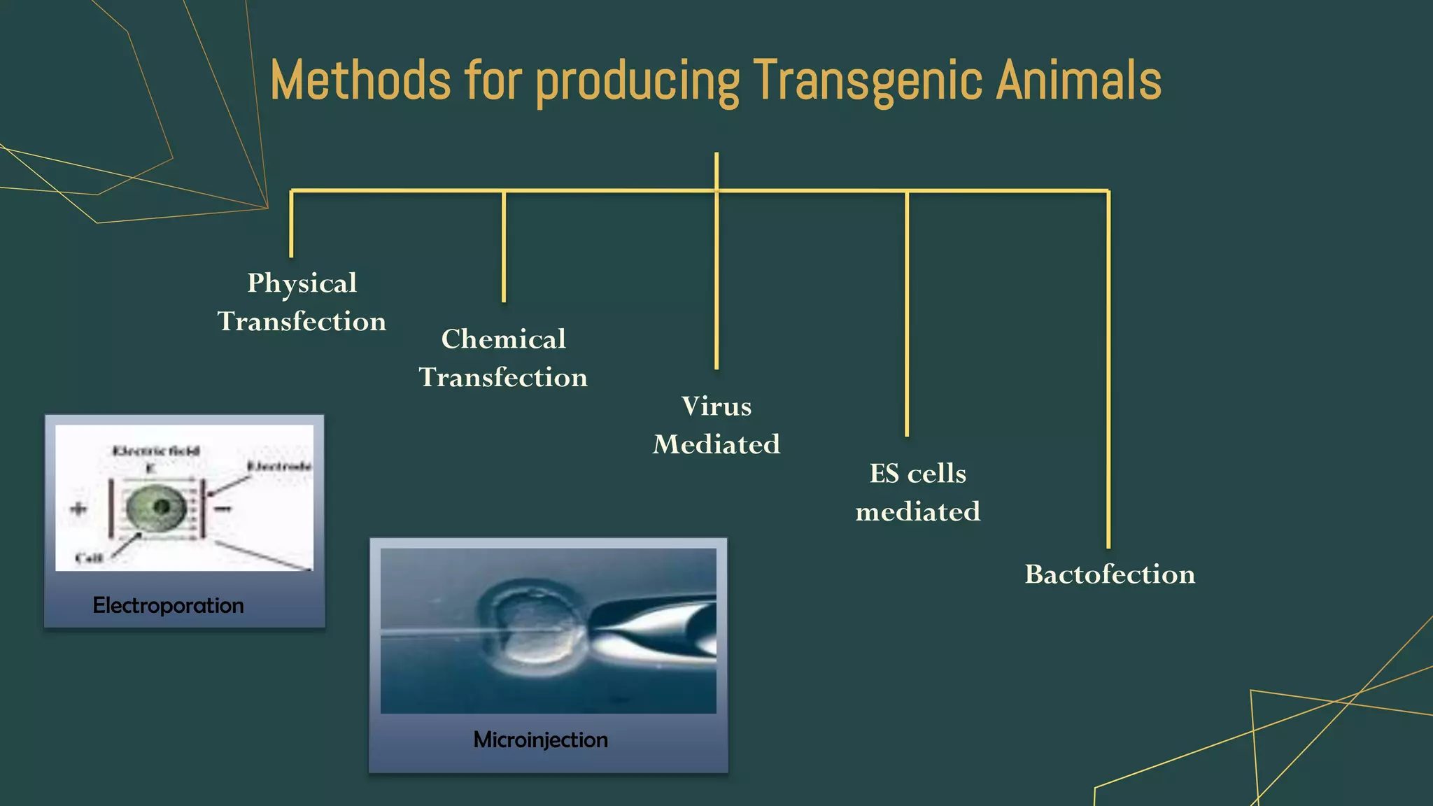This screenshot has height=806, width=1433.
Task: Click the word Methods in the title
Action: [x=360, y=80]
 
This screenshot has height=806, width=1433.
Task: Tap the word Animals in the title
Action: [x=1078, y=80]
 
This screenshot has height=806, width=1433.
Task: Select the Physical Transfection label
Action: [x=302, y=302]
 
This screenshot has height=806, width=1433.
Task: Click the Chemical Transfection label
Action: [x=503, y=358]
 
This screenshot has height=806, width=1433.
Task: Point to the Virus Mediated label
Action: [x=716, y=425]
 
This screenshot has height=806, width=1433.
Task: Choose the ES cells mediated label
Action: [x=917, y=493]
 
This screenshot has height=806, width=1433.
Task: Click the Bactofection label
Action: [x=1110, y=574]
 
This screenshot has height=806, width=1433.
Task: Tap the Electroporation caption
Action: [x=168, y=605]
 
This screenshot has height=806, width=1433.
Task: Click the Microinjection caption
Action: [x=540, y=740]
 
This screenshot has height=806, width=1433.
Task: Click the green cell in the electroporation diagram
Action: [x=157, y=508]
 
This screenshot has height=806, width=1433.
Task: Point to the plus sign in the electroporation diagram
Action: [x=79, y=509]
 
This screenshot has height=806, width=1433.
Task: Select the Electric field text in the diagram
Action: [x=156, y=451]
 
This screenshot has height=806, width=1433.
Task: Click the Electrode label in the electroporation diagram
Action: [x=278, y=467]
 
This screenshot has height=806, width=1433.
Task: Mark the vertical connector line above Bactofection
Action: [x=1108, y=371]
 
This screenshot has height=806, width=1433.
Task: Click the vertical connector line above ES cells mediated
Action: [x=907, y=315]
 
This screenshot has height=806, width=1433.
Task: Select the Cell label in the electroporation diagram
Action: [x=89, y=558]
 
